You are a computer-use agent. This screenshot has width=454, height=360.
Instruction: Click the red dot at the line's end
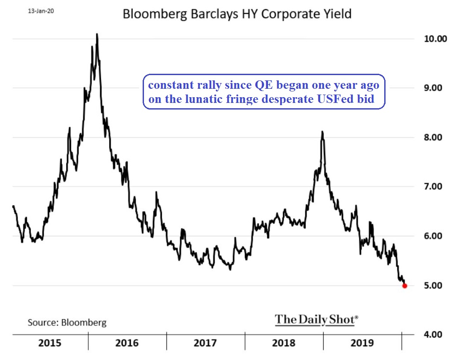[405, 286]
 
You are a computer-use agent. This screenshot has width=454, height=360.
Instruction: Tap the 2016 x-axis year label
[127, 343]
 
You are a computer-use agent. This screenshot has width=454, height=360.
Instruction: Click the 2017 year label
[205, 343]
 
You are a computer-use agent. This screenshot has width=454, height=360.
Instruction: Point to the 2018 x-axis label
[284, 343]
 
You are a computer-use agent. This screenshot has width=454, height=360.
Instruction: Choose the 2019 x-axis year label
[362, 343]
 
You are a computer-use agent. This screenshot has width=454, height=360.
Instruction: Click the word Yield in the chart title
[336, 14]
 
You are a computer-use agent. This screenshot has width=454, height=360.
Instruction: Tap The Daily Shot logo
[317, 319]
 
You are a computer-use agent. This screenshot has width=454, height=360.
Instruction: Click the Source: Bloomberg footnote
[67, 322]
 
